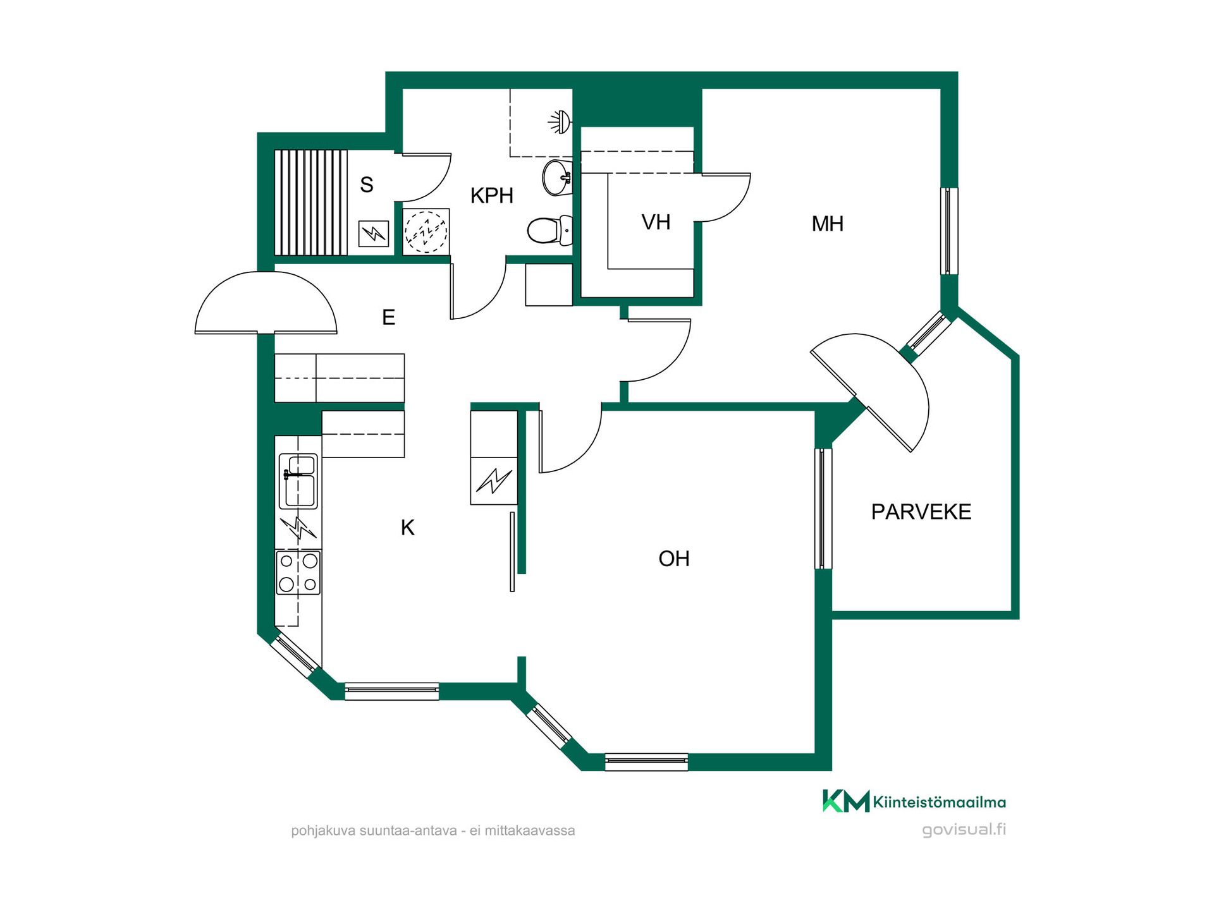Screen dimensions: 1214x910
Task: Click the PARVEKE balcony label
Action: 921,512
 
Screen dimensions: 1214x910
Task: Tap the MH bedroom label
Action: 828,224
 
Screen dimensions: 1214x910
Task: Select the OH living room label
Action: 674,559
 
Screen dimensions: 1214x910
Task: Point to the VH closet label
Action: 656,222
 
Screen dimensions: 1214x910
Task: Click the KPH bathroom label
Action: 492,196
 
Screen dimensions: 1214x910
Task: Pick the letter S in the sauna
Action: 367,185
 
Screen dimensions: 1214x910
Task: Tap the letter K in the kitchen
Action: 408,528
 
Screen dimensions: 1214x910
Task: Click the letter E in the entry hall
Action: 389,317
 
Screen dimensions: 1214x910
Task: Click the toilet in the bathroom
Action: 550,231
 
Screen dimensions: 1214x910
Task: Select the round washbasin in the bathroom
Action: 557,178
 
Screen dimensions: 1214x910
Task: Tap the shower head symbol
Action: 560,121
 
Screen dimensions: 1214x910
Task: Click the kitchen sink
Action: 298,481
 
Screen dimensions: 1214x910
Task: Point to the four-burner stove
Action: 298,573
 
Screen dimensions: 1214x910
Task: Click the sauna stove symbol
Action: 374,233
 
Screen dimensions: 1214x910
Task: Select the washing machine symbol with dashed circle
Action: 426,231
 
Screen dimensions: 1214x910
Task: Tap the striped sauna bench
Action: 311,202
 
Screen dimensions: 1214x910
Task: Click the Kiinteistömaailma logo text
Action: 939,803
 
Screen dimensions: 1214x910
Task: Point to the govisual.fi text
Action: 964,830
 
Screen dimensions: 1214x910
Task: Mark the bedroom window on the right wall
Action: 948,231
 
